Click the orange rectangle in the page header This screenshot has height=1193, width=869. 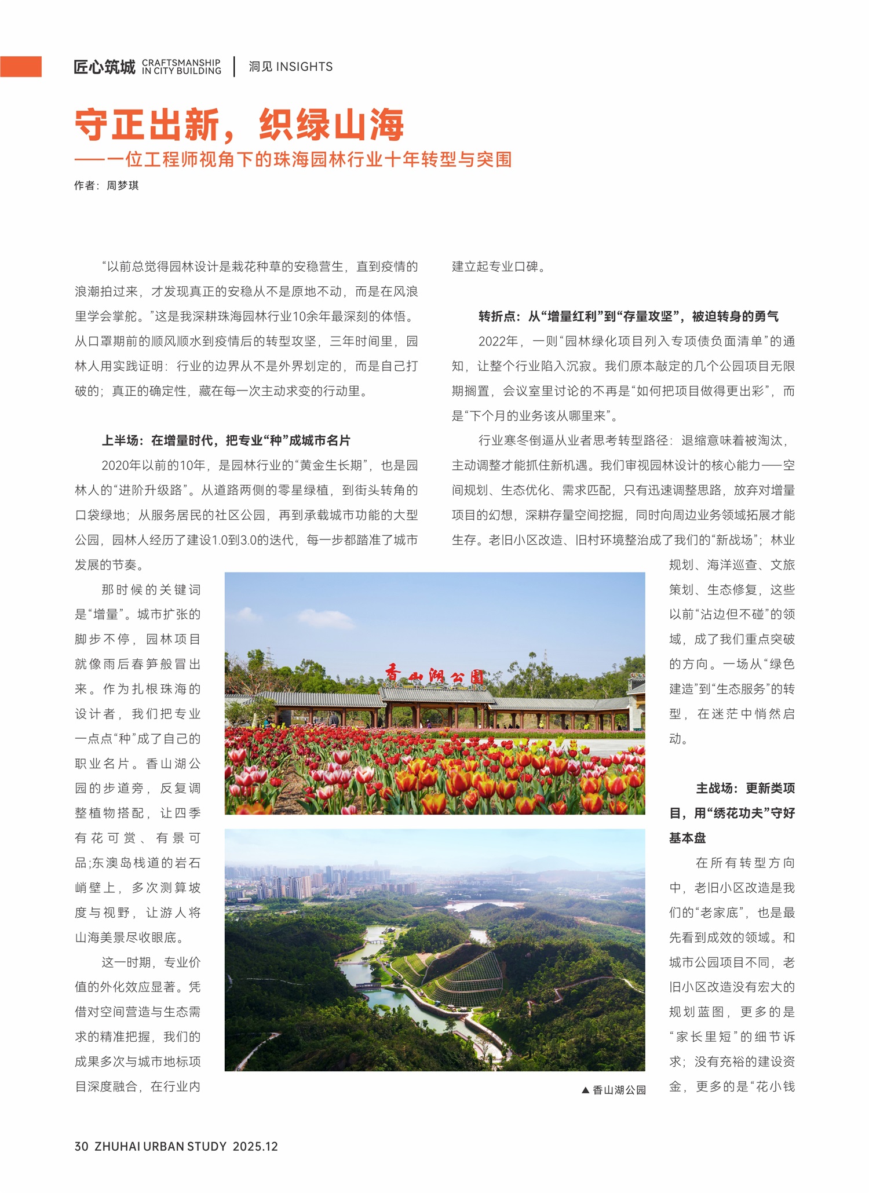[x=21, y=67]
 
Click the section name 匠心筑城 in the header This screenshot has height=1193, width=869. [x=104, y=67]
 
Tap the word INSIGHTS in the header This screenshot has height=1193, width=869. [x=304, y=67]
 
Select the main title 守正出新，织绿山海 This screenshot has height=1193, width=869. [x=239, y=125]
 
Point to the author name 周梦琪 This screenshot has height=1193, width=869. [x=122, y=185]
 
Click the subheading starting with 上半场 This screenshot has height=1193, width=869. [x=226, y=440]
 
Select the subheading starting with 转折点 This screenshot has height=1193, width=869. [x=628, y=316]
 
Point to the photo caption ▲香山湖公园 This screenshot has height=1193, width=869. [x=614, y=1090]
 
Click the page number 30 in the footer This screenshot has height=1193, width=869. [x=81, y=1146]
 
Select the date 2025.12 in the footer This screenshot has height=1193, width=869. [x=255, y=1146]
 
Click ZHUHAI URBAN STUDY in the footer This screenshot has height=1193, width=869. [x=160, y=1146]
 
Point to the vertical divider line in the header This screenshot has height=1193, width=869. [x=235, y=67]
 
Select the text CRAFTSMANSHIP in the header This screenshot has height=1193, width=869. [x=181, y=62]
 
